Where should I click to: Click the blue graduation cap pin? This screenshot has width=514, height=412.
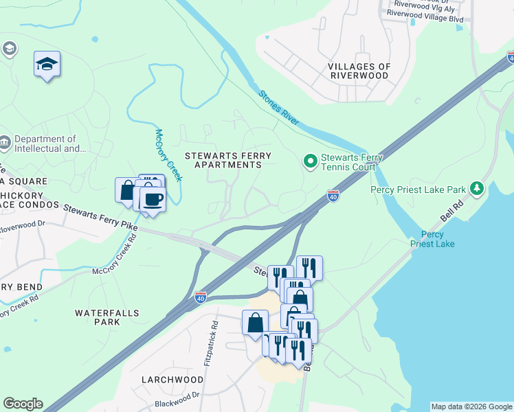pyautogui.click(x=47, y=65)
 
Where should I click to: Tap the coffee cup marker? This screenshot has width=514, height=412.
pyautogui.click(x=152, y=200)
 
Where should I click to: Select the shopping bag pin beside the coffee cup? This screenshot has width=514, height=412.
pyautogui.click(x=127, y=191)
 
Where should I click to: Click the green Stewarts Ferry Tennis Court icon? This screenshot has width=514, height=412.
pyautogui.click(x=310, y=161)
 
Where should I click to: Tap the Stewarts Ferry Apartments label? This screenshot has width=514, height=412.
pyautogui.click(x=227, y=161)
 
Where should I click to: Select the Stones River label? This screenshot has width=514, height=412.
pyautogui.click(x=279, y=108)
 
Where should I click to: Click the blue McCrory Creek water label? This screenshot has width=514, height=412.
pyautogui.click(x=168, y=155)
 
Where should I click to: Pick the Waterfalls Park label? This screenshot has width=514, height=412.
pyautogui.click(x=107, y=317)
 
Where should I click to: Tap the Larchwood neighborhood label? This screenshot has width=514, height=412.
pyautogui.click(x=172, y=379)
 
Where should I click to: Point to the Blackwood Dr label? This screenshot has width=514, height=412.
pyautogui.click(x=177, y=395)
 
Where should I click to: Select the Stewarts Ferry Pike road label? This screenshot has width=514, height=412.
pyautogui.click(x=100, y=216)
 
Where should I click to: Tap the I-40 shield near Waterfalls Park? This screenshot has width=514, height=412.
pyautogui.click(x=200, y=297)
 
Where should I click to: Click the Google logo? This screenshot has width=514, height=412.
pyautogui.click(x=23, y=404)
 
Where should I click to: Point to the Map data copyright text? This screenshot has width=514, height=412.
pyautogui.click(x=471, y=407)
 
